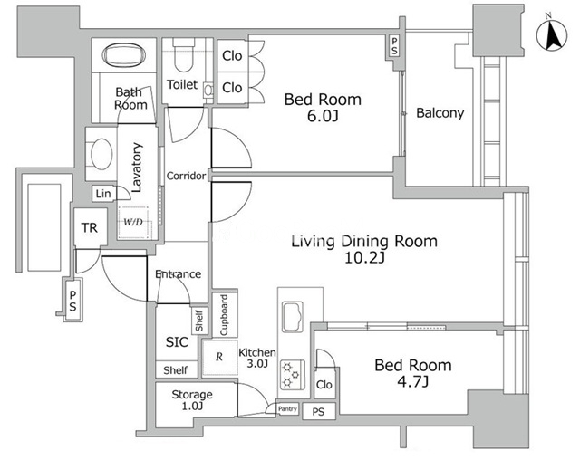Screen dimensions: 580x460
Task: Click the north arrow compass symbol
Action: click(x=552, y=34)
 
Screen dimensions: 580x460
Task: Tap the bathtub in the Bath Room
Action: click(x=123, y=55)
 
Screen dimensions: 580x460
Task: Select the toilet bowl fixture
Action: click(x=183, y=56)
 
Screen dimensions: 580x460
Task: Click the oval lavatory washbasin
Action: click(x=101, y=154)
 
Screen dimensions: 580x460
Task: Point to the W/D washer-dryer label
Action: click(x=133, y=222)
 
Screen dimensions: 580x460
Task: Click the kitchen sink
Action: click(x=293, y=317)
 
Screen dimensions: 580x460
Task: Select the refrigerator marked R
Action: click(x=219, y=358)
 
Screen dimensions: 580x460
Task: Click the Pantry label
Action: click(x=287, y=409)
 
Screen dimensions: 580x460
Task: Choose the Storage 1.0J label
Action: click(x=192, y=400)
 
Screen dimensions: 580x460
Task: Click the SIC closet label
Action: click(x=177, y=342)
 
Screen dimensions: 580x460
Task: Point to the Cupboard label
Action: click(x=224, y=315)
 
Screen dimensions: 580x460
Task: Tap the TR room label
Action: click(x=90, y=227)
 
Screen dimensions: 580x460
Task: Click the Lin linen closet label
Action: click(x=102, y=194)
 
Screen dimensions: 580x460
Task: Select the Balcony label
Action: click(x=440, y=112)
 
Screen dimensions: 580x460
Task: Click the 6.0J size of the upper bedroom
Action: click(x=323, y=116)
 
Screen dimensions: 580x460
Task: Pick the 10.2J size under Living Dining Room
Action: click(x=364, y=257)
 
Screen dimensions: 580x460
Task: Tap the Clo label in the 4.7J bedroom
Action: click(x=324, y=385)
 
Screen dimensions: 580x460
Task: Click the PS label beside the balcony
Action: click(x=394, y=46)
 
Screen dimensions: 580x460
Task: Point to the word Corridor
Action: click(x=186, y=176)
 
